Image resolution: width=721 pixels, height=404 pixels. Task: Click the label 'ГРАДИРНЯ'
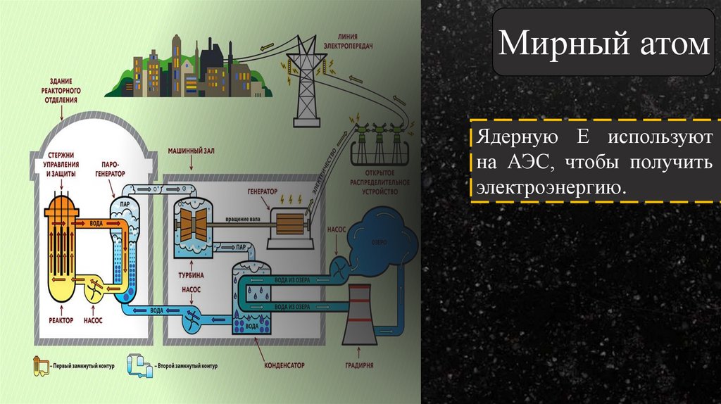coord(359,366)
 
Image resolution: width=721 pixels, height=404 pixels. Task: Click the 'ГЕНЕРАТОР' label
coord(263,191)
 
